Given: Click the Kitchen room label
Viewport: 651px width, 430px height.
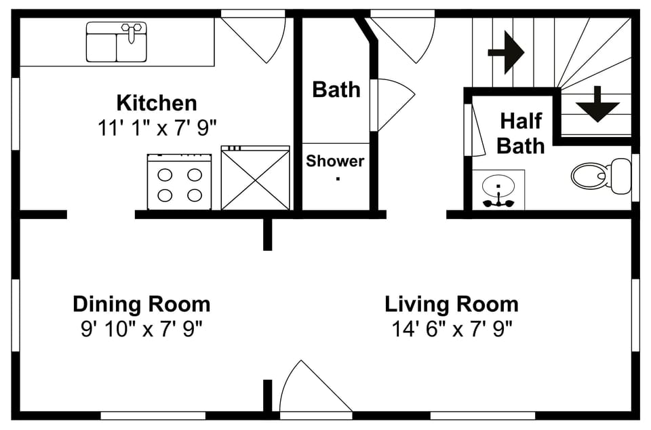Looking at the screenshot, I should click(x=157, y=103).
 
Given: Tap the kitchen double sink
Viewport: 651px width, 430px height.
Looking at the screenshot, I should click(x=116, y=42).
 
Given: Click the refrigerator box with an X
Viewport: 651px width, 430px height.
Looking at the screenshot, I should click(x=255, y=178).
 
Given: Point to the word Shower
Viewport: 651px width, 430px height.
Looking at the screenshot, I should click(x=335, y=161).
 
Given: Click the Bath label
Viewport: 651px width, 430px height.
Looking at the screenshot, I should click(x=336, y=90).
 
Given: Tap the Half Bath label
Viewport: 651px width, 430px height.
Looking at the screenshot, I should click(x=521, y=133).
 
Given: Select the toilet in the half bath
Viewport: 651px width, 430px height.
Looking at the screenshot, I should click(x=600, y=175).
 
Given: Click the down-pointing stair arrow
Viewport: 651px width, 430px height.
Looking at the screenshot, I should click(x=597, y=104).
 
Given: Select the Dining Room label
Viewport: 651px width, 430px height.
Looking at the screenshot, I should click(x=141, y=303).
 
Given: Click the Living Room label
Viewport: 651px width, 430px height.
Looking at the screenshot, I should click(x=452, y=303).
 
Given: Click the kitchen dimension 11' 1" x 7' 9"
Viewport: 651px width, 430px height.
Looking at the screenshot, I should click(x=157, y=128).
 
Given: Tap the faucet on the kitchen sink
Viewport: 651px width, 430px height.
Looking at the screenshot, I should click(x=132, y=31).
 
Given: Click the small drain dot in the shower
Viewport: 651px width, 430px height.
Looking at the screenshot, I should click(x=338, y=179).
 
